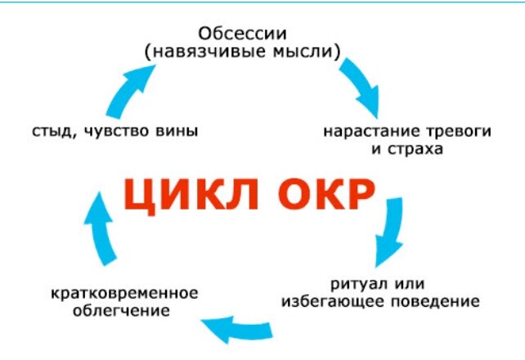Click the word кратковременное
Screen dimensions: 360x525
pos(124,292)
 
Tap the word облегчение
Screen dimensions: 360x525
pos(120,311)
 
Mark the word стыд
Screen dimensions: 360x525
pos(48,131)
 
